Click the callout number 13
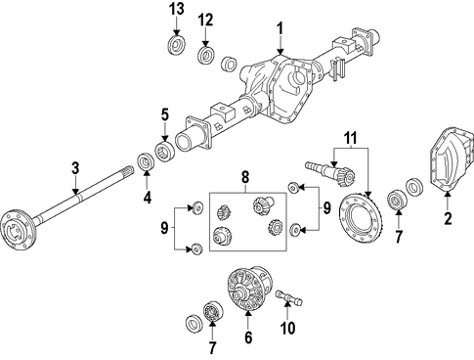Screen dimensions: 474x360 (176, 9)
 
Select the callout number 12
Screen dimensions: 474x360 (206, 20)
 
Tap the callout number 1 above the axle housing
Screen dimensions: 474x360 (280, 28)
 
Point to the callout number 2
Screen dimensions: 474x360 (448, 218)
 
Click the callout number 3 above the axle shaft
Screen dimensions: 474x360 (75, 168)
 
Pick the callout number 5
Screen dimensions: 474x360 (165, 114)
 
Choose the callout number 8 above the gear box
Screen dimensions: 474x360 (245, 177)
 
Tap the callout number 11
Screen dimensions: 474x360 (351, 138)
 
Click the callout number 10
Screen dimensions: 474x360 (287, 328)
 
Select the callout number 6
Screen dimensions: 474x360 (248, 337)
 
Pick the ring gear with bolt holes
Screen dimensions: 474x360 (360, 218)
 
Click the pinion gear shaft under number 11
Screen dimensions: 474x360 (330, 173)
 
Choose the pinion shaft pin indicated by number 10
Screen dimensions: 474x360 (289, 296)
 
